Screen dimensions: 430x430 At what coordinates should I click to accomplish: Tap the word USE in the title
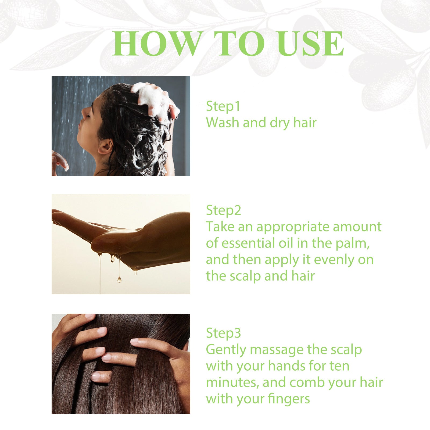coord(311,44)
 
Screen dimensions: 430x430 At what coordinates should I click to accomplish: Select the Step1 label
coord(223,106)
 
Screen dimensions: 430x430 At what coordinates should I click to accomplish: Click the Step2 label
coord(223,210)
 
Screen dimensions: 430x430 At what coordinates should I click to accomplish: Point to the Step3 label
coord(223,333)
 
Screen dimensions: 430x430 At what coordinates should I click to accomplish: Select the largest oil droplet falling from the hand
coord(119,279)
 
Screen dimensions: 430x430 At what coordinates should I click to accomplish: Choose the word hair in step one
coord(305,123)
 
